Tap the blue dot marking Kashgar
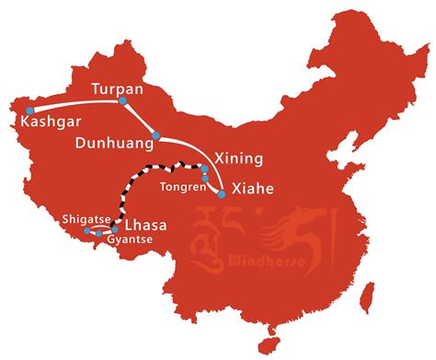29,110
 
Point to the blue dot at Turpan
123,104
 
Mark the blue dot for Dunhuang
157,136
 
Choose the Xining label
237,158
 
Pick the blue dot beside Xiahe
222,194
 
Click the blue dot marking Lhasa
115,229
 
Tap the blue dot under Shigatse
86,231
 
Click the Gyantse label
129,241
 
